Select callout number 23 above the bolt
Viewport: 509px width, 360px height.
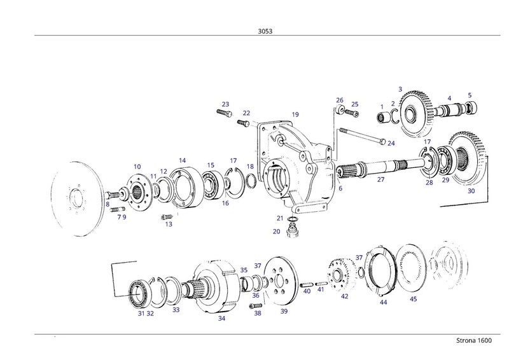pos(225,104)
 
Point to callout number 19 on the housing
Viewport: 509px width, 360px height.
pos(295,114)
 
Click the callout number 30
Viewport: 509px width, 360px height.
pos(471,191)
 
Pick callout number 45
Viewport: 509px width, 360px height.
pos(413,299)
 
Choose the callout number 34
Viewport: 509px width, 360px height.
pos(221,318)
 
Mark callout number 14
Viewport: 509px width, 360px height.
pos(182,160)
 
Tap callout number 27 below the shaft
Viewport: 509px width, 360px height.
pos(380,180)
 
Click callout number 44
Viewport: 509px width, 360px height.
pos(383,303)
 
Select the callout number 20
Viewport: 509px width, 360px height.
pos(277,232)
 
